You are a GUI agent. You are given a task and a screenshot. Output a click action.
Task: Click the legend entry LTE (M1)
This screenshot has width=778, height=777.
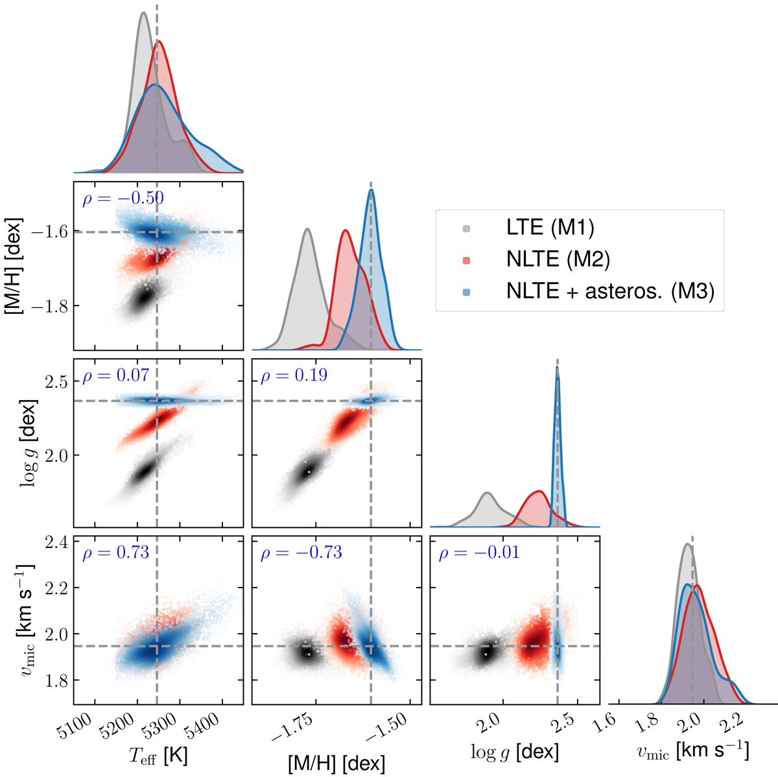pos(550,228)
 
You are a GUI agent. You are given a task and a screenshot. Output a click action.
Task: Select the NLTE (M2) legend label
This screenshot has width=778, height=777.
pos(558,259)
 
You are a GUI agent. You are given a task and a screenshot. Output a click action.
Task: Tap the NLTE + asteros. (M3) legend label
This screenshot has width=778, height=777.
pos(610,291)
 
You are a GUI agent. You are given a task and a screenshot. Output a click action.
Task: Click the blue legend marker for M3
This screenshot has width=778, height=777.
pos(467,292)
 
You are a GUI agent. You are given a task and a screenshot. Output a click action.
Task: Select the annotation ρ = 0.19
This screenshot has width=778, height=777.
pos(294,376)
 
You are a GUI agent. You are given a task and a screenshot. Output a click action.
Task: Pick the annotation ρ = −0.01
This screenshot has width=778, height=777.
pos(479,553)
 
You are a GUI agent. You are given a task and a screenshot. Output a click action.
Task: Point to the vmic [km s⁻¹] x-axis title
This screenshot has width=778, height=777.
pos(692,751)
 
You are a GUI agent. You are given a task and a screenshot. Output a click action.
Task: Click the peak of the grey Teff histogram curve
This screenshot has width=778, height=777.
pos(143,12)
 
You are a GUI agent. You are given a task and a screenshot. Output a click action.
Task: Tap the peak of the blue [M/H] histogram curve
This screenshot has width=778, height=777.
pos(371,189)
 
